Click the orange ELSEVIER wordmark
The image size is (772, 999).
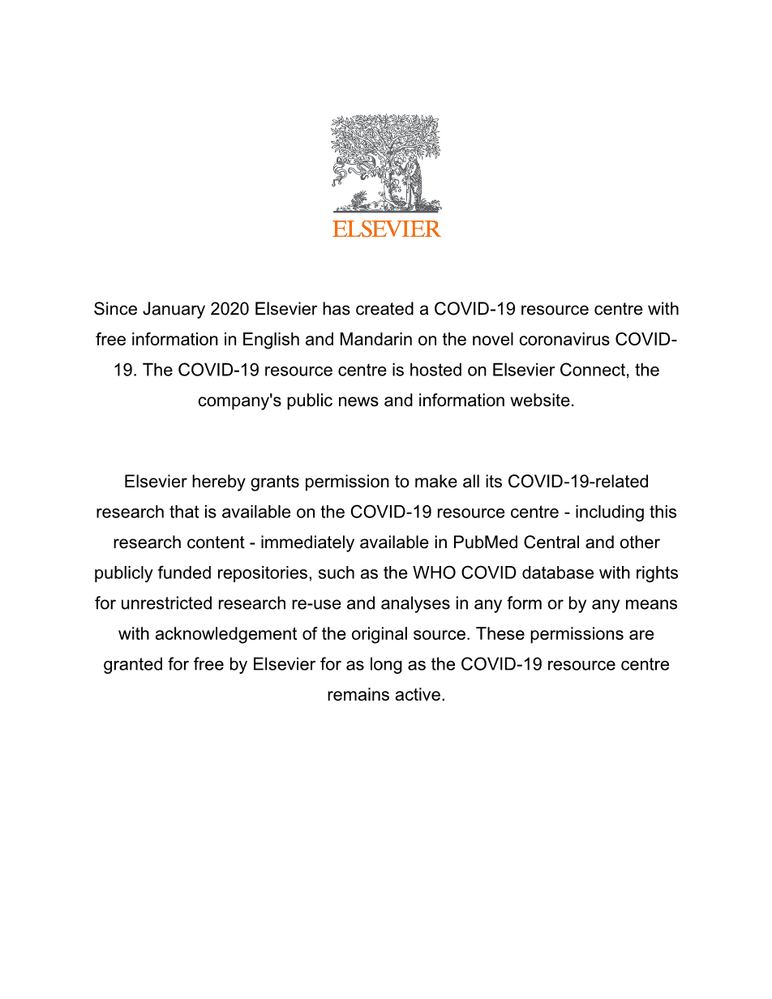point(386,229)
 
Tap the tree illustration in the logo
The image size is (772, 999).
point(386,162)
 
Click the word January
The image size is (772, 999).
point(174,309)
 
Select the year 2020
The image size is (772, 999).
point(230,309)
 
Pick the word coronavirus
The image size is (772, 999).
point(556,340)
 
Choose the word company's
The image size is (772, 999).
point(234,401)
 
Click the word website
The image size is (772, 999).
point(542,401)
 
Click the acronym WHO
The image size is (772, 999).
point(434,573)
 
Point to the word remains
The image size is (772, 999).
point(356,695)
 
